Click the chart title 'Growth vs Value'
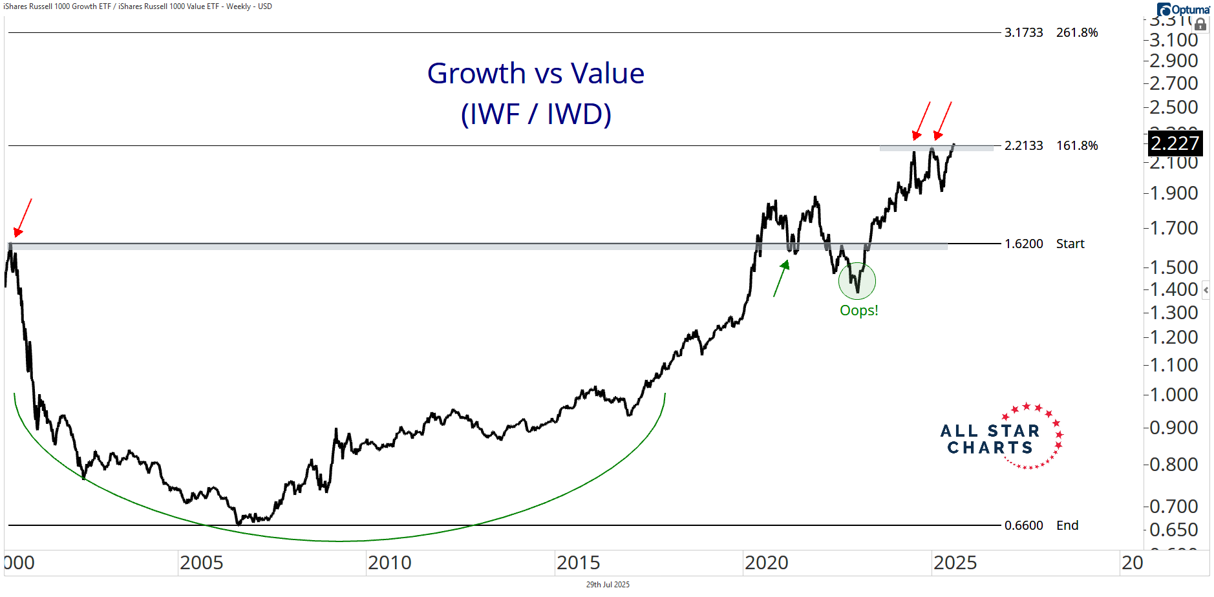pyautogui.click(x=535, y=74)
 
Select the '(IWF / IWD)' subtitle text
pyautogui.click(x=536, y=114)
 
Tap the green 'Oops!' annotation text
pyautogui.click(x=858, y=311)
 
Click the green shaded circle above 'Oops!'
pyautogui.click(x=857, y=281)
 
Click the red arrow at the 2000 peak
pyautogui.click(x=22, y=218)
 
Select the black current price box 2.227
pyautogui.click(x=1175, y=143)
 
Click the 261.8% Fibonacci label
pyautogui.click(x=1077, y=33)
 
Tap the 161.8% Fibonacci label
pyautogui.click(x=1077, y=146)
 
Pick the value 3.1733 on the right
pyautogui.click(x=1023, y=33)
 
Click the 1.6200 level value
pyautogui.click(x=1023, y=244)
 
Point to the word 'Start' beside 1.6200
pyautogui.click(x=1070, y=244)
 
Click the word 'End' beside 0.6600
pyautogui.click(x=1067, y=526)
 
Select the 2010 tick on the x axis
pyautogui.click(x=389, y=563)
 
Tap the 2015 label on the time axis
pyautogui.click(x=578, y=563)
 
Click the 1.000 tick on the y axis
pyautogui.click(x=1173, y=395)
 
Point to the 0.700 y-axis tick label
pyautogui.click(x=1173, y=507)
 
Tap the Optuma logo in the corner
pyautogui.click(x=1183, y=10)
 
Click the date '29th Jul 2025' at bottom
pyautogui.click(x=608, y=585)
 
